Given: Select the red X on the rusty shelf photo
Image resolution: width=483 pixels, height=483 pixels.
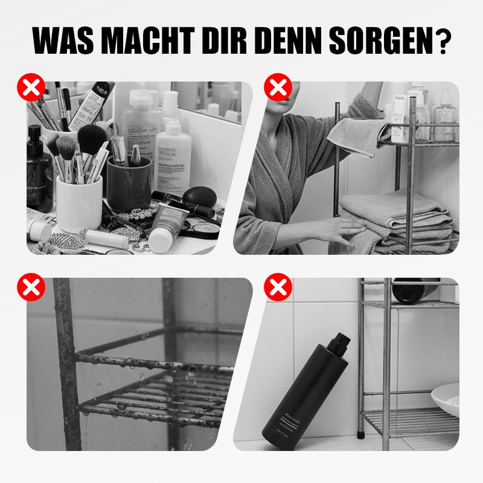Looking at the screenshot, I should (31, 287).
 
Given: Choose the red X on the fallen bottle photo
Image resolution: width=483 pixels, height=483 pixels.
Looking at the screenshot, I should (278, 287).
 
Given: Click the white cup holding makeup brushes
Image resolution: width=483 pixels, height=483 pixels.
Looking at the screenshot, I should (78, 202).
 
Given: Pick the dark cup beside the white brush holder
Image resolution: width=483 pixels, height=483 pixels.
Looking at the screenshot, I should (129, 191).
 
